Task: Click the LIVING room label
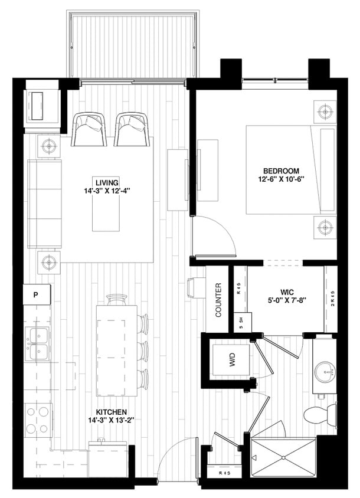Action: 106,181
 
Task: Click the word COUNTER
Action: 218,300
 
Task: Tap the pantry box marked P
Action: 36,294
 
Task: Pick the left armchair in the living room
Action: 89,129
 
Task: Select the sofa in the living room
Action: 44,204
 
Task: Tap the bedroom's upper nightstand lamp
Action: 323,111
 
